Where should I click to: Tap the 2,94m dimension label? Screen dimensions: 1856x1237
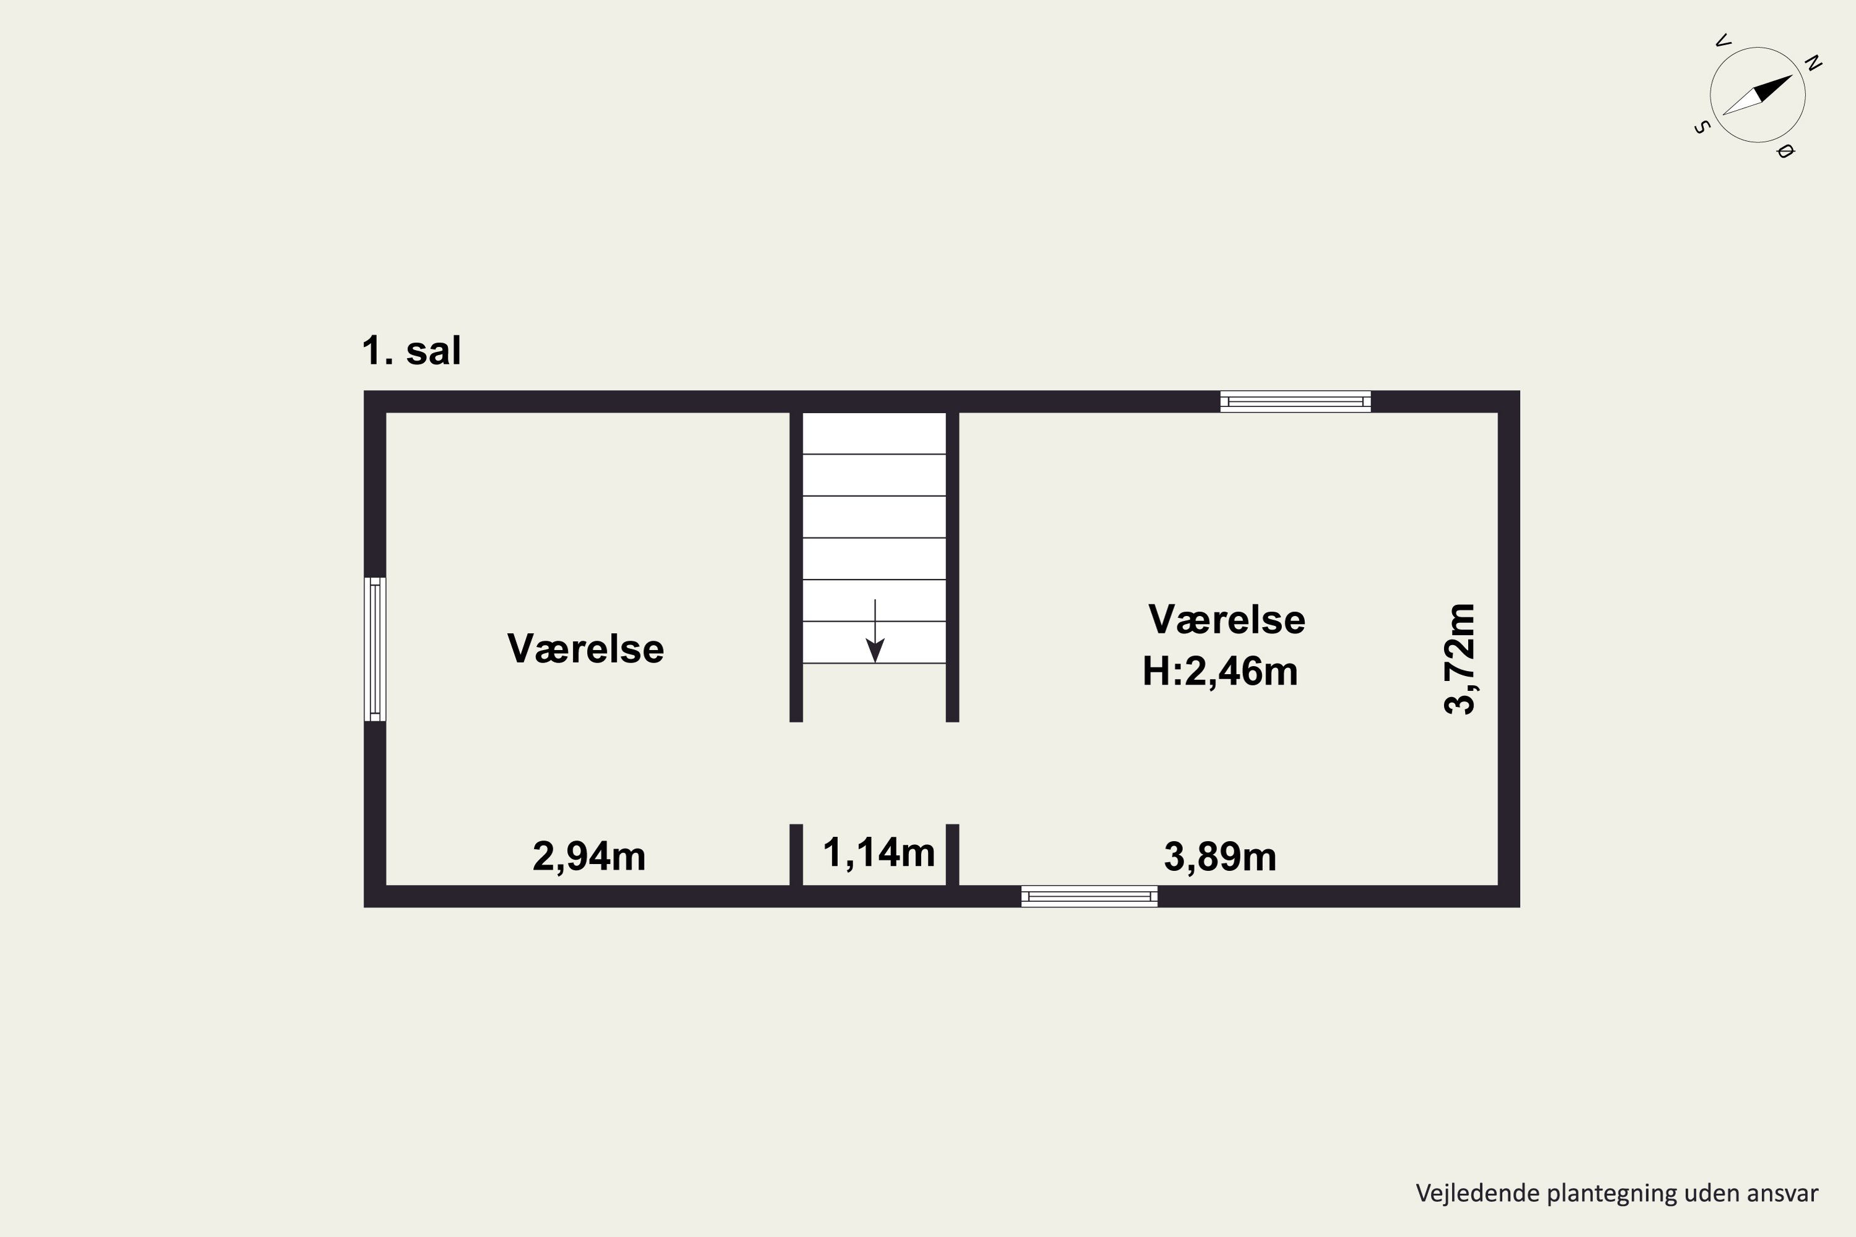[589, 857]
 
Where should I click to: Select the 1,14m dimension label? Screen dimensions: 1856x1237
[879, 853]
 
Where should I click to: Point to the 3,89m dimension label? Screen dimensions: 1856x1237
[1220, 857]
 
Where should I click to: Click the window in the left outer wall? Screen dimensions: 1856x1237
[375, 649]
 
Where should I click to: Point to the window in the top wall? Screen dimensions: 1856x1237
[1295, 401]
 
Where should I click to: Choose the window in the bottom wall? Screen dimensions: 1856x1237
[1089, 896]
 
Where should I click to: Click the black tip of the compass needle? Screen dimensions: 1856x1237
[1793, 75]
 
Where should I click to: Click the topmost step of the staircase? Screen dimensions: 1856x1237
[874, 433]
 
